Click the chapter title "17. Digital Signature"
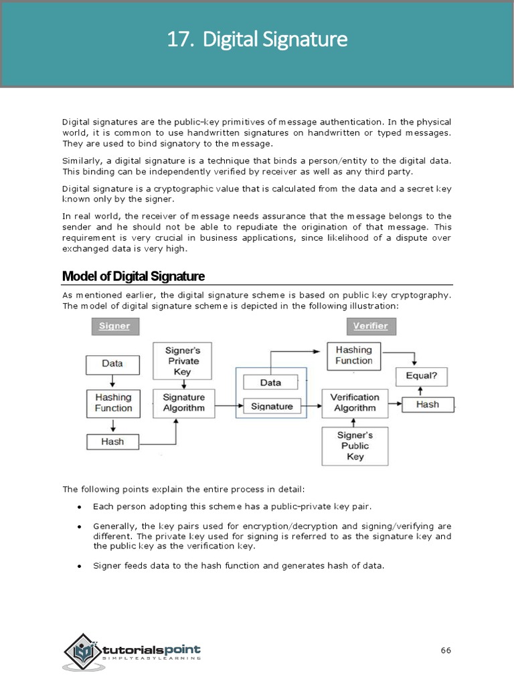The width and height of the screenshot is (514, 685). coord(257,40)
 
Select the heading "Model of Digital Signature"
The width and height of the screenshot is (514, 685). coord(133,276)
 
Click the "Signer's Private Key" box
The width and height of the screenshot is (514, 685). coord(182,361)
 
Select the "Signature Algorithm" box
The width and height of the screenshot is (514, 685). coord(184,403)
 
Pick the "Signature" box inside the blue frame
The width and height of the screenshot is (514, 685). coord(272,406)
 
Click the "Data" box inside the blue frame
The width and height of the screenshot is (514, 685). coord(270,383)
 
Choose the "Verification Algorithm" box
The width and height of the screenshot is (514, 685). coord(355,403)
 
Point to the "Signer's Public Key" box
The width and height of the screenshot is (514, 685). coord(355,446)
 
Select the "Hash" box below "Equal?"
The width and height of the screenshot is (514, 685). coord(428,405)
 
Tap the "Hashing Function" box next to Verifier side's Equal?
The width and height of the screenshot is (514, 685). coord(354,355)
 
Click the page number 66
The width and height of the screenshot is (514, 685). coord(446,650)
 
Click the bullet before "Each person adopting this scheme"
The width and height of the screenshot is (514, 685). coord(80,506)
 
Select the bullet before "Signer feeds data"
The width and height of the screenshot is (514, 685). coord(80,566)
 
